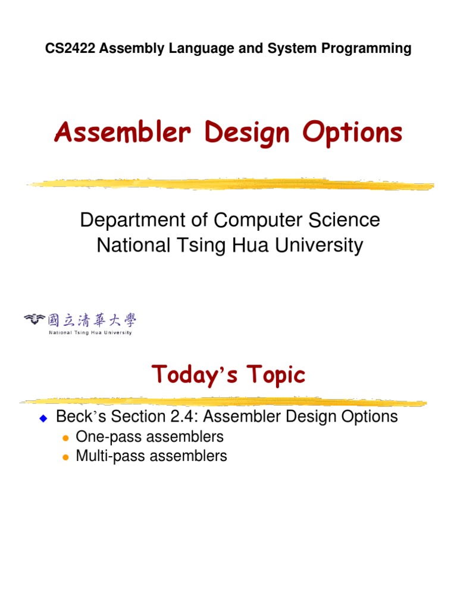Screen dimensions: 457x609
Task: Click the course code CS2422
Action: tap(70, 49)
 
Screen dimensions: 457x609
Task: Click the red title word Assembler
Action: tap(123, 131)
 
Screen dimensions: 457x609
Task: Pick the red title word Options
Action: tap(352, 133)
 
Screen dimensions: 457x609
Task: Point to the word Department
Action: tap(133, 221)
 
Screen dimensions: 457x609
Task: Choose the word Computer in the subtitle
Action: tap(258, 221)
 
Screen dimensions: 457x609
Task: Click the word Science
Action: tap(344, 220)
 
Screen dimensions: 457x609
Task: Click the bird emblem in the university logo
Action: tap(35, 319)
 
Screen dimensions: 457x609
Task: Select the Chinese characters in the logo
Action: tap(92, 321)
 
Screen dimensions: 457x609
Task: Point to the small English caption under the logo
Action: tap(90, 332)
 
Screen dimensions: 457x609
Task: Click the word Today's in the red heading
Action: tap(195, 375)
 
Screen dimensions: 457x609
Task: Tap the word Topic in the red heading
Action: tap(276, 375)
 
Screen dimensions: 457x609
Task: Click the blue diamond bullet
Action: tap(43, 418)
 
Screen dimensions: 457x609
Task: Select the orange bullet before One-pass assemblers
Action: tap(65, 438)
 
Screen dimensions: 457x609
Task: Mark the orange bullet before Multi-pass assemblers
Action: tap(65, 457)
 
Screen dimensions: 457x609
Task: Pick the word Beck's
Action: tap(81, 416)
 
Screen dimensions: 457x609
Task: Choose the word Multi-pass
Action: tap(104, 456)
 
